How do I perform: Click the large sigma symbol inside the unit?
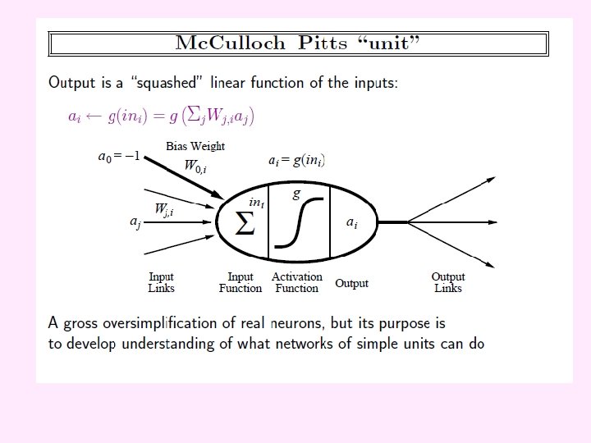(x=245, y=223)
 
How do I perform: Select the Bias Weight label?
(x=195, y=146)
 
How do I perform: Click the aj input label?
(x=135, y=222)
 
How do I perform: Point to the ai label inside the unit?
(x=351, y=222)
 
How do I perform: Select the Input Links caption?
(x=161, y=282)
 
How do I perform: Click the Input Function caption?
(x=241, y=282)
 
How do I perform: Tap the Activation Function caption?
(x=297, y=282)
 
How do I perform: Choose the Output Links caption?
(x=448, y=282)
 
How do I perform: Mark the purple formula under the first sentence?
(x=161, y=116)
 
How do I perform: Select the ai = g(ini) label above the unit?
(x=297, y=161)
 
